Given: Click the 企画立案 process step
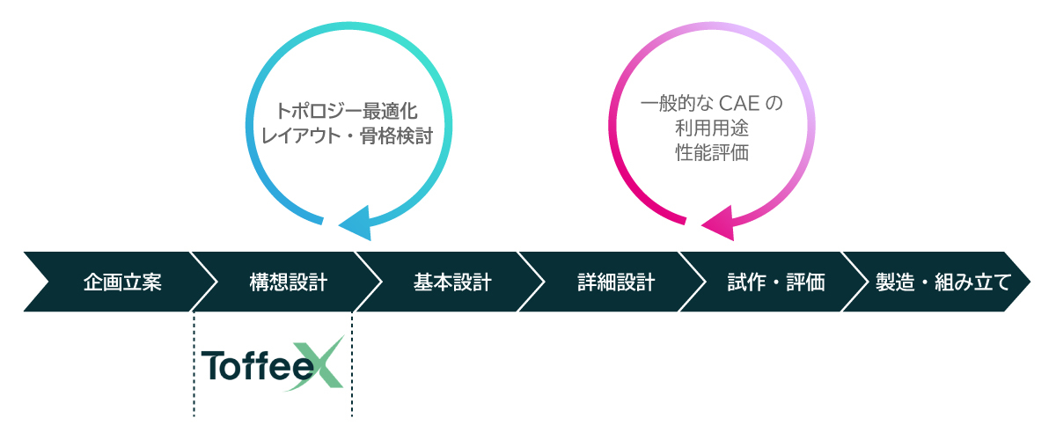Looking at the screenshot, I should [122, 282].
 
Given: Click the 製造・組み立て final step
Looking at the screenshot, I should [941, 282].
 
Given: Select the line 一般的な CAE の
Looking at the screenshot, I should [711, 104].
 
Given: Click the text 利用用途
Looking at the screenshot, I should [711, 128].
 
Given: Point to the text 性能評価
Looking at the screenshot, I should [711, 152].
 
